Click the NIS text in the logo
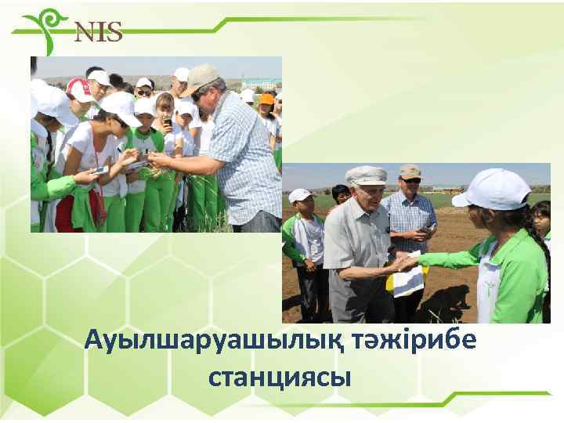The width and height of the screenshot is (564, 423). pos(99,32)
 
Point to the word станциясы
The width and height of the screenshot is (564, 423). pos(279,378)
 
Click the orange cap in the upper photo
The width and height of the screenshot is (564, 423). pos(267,99)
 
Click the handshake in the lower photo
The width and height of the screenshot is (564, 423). pos(404,262)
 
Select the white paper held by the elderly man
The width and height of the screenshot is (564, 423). pos(408,280)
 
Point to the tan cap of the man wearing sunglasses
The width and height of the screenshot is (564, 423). pos(409,171)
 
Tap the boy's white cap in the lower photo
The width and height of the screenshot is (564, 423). pos(299,195)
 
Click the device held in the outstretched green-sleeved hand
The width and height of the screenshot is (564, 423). pos(101,169)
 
